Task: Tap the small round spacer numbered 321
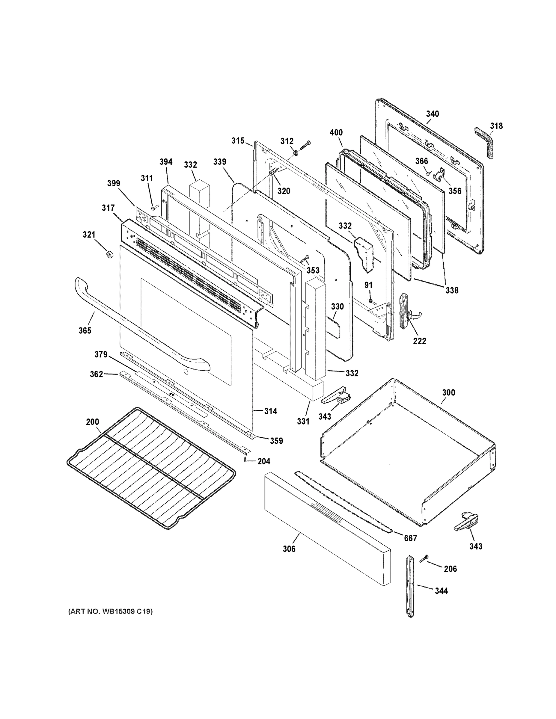click(x=109, y=254)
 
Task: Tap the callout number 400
click(x=336, y=132)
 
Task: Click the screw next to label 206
click(x=424, y=558)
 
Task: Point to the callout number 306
click(x=289, y=549)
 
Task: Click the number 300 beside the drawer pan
click(x=448, y=392)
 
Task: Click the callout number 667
click(x=410, y=538)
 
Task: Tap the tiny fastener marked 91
click(x=371, y=301)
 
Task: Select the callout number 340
click(x=432, y=114)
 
